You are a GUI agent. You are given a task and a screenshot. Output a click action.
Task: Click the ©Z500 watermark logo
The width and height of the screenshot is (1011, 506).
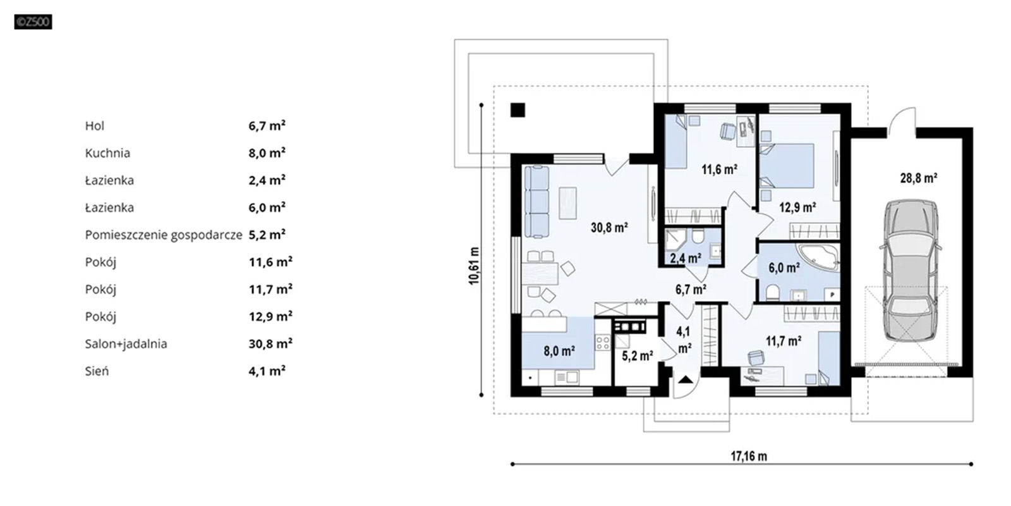click(x=33, y=22)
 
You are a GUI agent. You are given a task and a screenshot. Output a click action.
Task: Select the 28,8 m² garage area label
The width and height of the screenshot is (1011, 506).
click(x=919, y=178)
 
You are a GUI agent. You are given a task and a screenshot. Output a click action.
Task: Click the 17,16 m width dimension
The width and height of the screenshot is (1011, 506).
click(x=749, y=456)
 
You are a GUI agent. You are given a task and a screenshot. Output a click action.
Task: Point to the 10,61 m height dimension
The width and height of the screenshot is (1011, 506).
click(x=473, y=266)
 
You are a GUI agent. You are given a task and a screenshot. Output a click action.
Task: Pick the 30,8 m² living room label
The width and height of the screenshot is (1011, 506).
click(x=609, y=227)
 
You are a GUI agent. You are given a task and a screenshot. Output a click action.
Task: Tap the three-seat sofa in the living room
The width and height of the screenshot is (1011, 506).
click(x=537, y=202)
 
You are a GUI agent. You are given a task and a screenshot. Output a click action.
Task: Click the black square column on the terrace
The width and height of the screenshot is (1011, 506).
click(x=518, y=110)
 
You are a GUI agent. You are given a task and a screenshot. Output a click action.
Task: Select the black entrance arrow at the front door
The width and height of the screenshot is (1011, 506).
click(x=685, y=379)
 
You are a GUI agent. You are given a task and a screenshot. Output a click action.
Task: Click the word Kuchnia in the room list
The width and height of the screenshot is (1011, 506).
click(x=107, y=153)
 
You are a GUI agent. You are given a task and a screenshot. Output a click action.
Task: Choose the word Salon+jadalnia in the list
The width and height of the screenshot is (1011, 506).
click(x=126, y=344)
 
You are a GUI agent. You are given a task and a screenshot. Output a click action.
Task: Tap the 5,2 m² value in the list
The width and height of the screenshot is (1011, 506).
click(x=267, y=235)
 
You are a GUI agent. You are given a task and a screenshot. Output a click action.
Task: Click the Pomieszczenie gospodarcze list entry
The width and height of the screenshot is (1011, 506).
click(x=164, y=235)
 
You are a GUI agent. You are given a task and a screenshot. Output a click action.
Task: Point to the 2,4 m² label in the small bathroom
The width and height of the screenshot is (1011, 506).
click(x=686, y=258)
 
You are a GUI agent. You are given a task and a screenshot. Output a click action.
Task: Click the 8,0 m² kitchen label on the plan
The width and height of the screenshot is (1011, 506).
click(x=559, y=351)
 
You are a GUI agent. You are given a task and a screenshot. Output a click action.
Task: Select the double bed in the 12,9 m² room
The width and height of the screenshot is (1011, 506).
click(x=787, y=166)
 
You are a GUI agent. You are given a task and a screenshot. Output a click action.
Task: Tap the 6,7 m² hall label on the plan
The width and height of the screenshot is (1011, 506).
click(x=691, y=290)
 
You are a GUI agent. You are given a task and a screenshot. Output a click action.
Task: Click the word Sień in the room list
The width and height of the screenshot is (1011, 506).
click(x=97, y=371)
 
